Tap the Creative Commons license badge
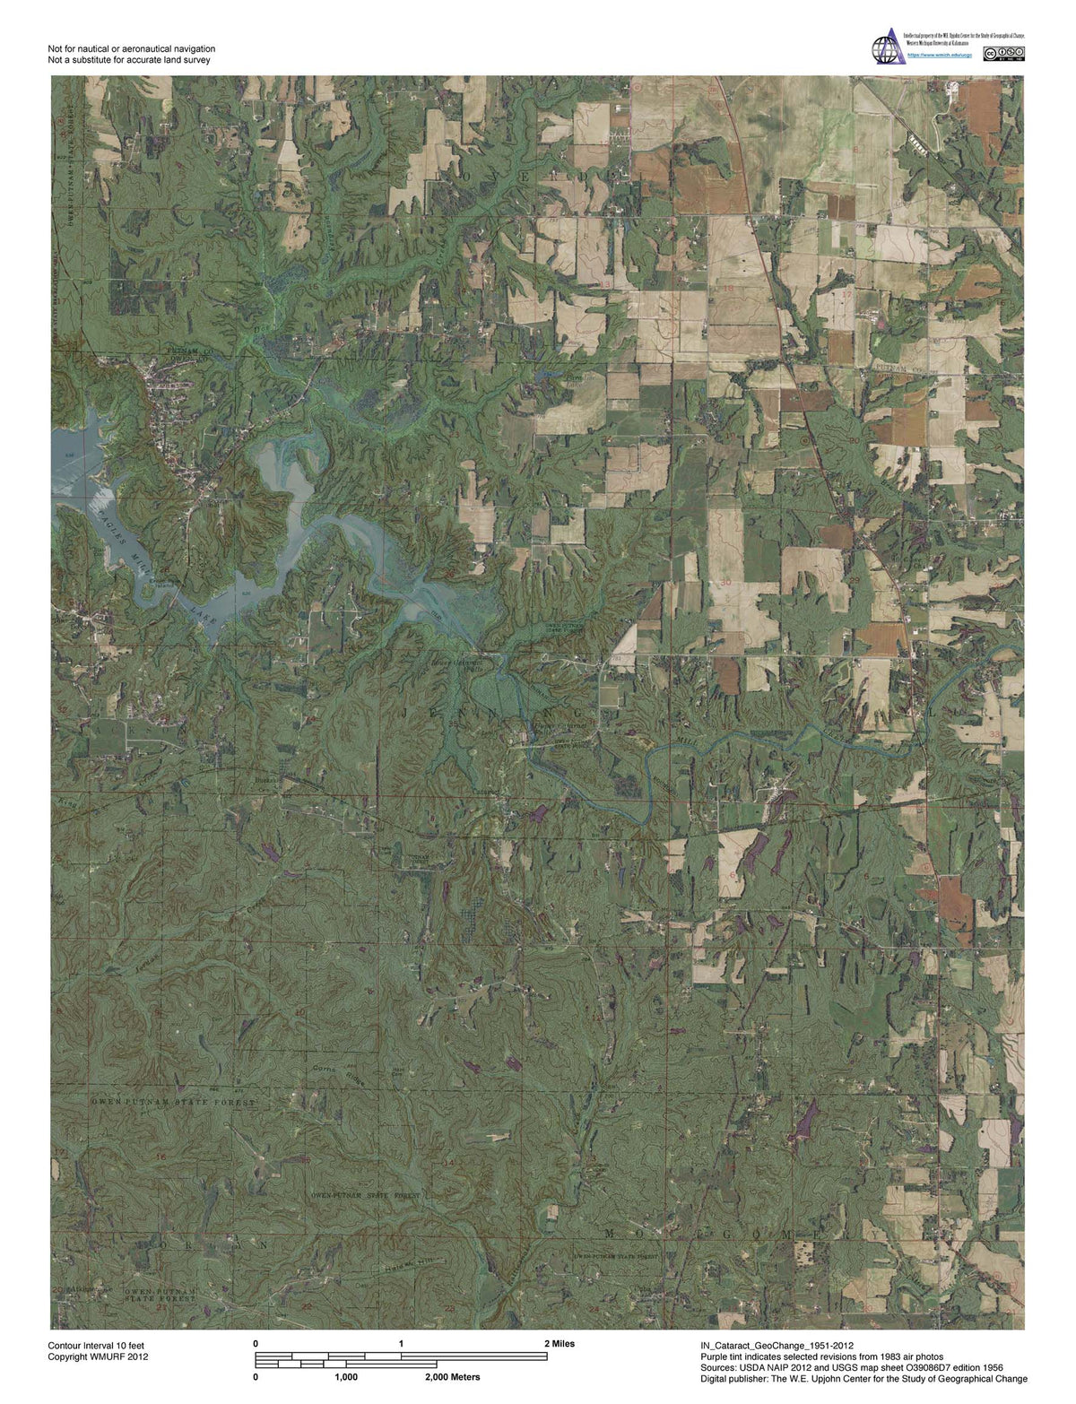tap(1003, 55)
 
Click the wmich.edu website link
tap(933, 55)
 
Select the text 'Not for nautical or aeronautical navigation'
tap(132, 48)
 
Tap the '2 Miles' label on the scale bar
tap(560, 1344)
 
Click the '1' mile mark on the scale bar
tap(401, 1344)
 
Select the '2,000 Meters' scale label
tap(446, 1376)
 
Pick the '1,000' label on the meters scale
tap(346, 1376)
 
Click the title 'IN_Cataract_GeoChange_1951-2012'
tap(777, 1346)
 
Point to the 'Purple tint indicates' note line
tap(821, 1356)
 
